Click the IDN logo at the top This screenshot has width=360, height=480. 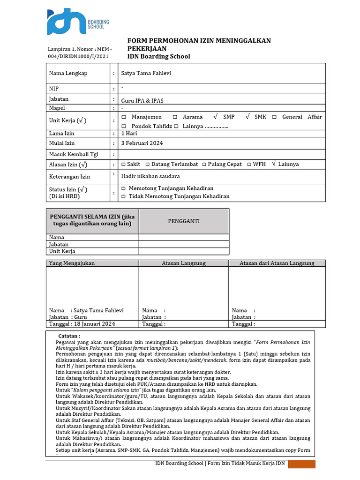pos(65,22)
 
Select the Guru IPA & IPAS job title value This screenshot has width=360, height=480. pos(142,100)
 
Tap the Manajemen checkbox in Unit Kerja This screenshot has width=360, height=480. pos(124,117)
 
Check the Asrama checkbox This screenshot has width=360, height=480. pos(175,117)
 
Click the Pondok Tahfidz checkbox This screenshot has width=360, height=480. pos(124,126)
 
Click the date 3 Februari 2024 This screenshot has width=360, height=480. pos(142,143)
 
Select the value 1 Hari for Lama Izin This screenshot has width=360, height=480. pos(129,133)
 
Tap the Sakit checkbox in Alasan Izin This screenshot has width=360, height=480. pos(123,164)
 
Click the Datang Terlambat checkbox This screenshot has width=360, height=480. pos(147,164)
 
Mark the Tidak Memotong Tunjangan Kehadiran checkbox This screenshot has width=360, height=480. pos(124,196)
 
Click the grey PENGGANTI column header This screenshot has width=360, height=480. pos(184,221)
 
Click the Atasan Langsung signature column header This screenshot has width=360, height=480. pos(184,263)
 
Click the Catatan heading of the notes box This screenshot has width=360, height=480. pos(69,336)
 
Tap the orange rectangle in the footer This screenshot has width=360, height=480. pos(301,464)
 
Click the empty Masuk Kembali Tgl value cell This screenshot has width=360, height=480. pos(220,154)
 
